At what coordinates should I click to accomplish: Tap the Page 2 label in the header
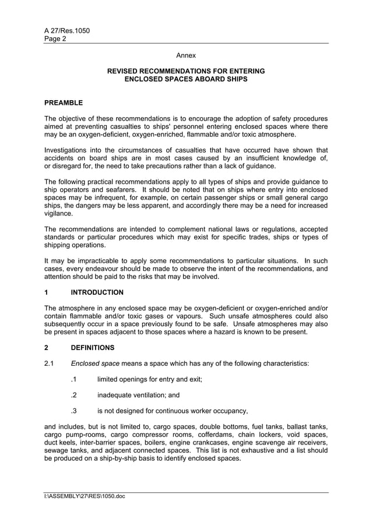55,39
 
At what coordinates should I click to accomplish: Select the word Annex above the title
186,56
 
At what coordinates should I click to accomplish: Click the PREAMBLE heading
64,103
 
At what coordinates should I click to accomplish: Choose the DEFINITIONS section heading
92,348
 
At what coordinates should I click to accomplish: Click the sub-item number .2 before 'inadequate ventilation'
73,394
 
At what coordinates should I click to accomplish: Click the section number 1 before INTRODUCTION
47,292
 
